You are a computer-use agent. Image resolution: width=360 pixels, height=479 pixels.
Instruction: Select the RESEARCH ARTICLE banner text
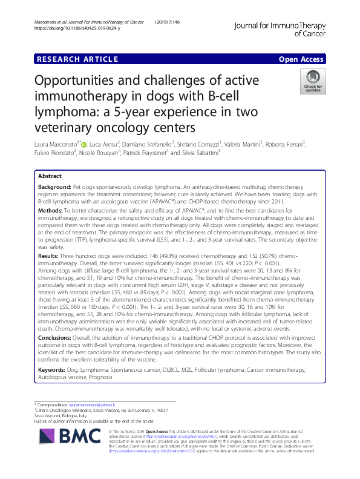coord(77,59)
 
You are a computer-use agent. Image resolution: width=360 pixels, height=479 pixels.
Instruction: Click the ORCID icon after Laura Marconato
coord(83,145)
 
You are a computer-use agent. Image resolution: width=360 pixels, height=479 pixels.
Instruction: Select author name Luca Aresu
coord(106,145)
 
